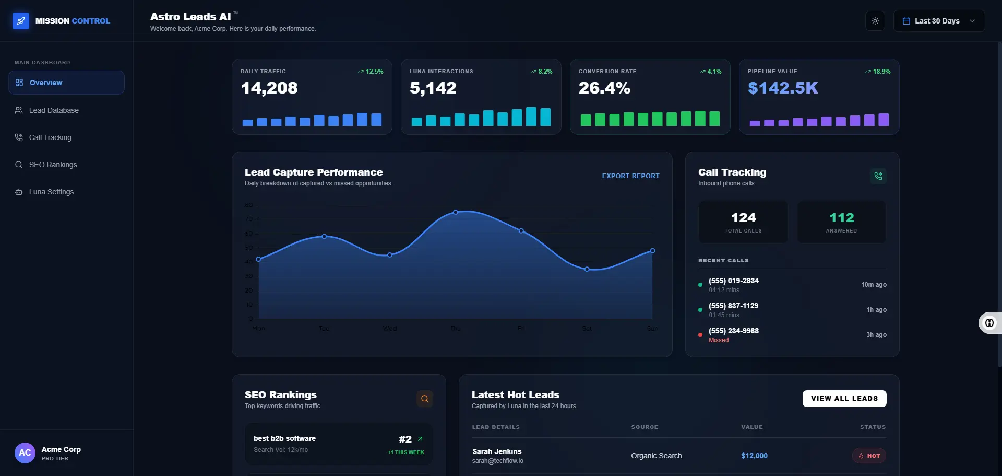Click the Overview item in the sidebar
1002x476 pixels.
(46, 83)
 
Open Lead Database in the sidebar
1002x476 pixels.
(54, 110)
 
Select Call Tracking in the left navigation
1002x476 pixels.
(50, 137)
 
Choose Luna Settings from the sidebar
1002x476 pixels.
(51, 192)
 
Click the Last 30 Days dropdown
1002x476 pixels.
(938, 21)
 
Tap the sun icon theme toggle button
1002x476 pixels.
(875, 21)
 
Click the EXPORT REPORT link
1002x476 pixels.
(630, 176)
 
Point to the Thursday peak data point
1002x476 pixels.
(456, 212)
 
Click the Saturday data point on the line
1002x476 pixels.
(587, 269)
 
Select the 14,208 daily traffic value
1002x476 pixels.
(269, 88)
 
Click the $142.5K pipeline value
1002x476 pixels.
(783, 88)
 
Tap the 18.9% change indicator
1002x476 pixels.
(878, 72)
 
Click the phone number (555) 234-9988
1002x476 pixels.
(733, 331)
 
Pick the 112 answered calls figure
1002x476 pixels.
(841, 218)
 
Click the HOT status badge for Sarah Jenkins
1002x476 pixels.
(869, 456)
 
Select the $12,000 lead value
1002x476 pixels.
(754, 456)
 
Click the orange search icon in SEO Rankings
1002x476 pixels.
(425, 399)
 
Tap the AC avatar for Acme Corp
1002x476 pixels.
(25, 453)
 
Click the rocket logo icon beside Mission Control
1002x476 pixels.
(21, 21)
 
